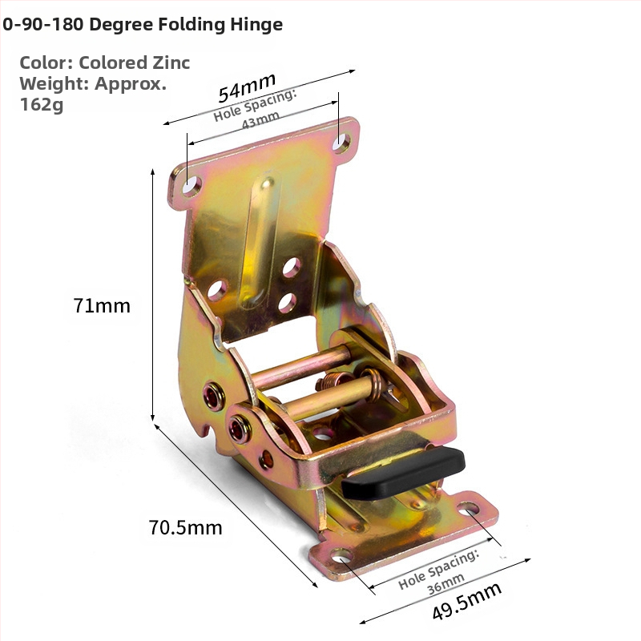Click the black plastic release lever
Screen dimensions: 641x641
click(x=404, y=473)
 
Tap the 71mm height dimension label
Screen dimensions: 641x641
click(x=102, y=306)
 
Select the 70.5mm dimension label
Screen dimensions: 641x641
click(x=185, y=527)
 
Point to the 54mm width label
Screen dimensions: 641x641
click(x=247, y=87)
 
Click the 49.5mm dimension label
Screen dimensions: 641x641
click(x=466, y=602)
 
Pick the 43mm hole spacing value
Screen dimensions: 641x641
click(x=260, y=121)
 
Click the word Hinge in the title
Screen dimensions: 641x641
click(x=256, y=25)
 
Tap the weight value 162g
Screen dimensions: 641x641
click(x=42, y=105)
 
